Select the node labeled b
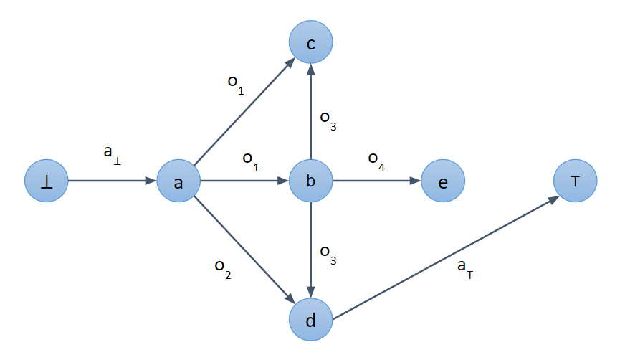[310, 181]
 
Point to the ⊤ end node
[575, 181]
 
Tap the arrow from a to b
[244, 181]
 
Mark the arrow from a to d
[244, 250]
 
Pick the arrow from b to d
[310, 250]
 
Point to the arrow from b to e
[376, 181]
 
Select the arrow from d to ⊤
[444, 255]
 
